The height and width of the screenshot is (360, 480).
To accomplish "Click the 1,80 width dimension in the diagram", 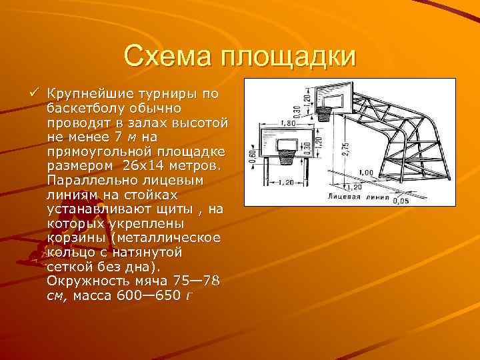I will (x=271, y=123).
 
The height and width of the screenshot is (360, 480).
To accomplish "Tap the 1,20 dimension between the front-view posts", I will (x=286, y=181).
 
